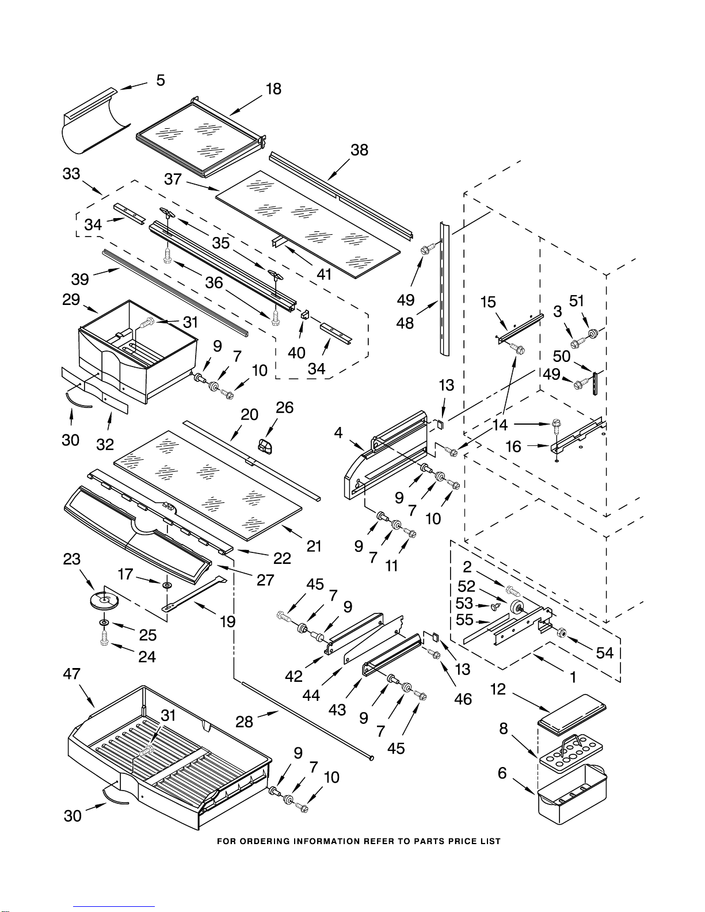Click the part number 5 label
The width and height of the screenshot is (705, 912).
click(x=161, y=80)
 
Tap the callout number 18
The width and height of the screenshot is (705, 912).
click(x=273, y=89)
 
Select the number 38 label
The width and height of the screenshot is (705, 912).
click(x=360, y=150)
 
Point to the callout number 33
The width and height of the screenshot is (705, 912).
click(x=71, y=173)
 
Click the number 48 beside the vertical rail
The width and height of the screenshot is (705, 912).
click(x=405, y=323)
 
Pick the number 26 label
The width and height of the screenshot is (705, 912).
click(x=284, y=407)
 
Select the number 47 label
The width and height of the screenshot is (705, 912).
click(x=71, y=674)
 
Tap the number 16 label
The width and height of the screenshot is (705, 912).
click(x=513, y=447)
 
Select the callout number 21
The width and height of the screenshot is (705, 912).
click(x=314, y=546)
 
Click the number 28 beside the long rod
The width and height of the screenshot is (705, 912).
click(x=244, y=722)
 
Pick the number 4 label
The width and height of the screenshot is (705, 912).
click(x=338, y=432)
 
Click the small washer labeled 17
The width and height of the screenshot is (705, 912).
click(x=167, y=585)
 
